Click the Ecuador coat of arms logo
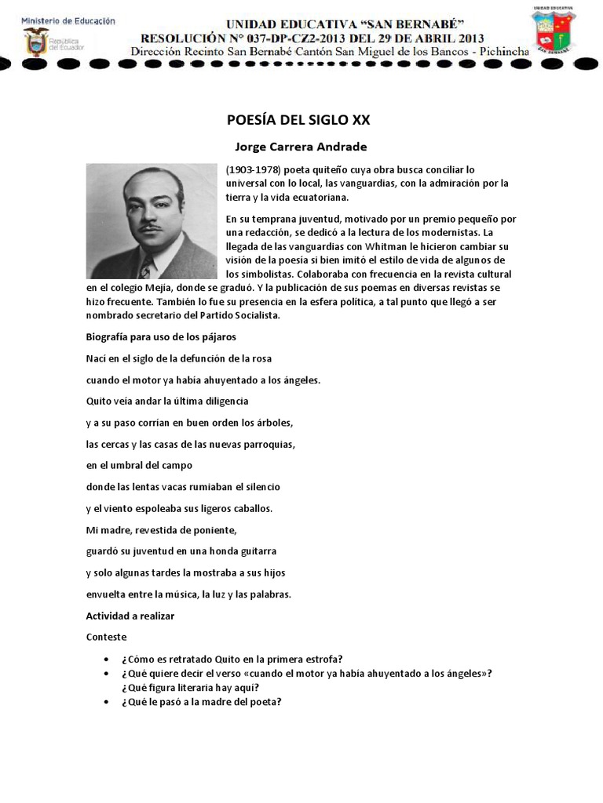(x=35, y=42)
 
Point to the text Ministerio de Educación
(x=68, y=20)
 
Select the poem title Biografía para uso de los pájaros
(x=160, y=337)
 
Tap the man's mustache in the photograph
(x=154, y=229)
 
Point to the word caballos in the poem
(x=249, y=508)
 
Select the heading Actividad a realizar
(x=130, y=616)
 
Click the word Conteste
(x=106, y=637)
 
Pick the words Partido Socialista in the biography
(x=240, y=315)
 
